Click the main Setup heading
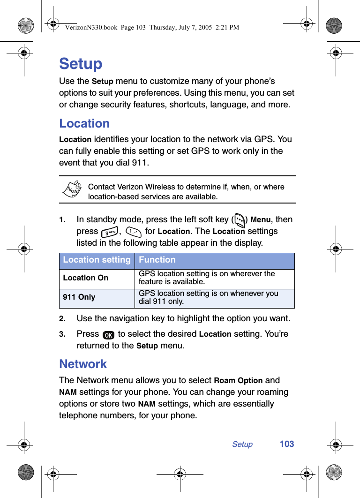(x=81, y=64)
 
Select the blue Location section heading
(x=84, y=123)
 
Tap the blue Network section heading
(x=83, y=364)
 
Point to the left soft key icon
(x=240, y=220)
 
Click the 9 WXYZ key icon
(x=110, y=232)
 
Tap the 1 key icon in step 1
(x=134, y=232)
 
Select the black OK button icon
(x=108, y=335)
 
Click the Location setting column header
(x=97, y=260)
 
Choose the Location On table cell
(x=86, y=278)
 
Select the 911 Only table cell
(x=79, y=297)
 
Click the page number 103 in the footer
(x=287, y=444)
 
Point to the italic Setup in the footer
(x=242, y=444)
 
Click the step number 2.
(x=62, y=319)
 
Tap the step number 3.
(x=62, y=334)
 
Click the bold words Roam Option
(x=238, y=381)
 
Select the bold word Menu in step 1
(x=261, y=220)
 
